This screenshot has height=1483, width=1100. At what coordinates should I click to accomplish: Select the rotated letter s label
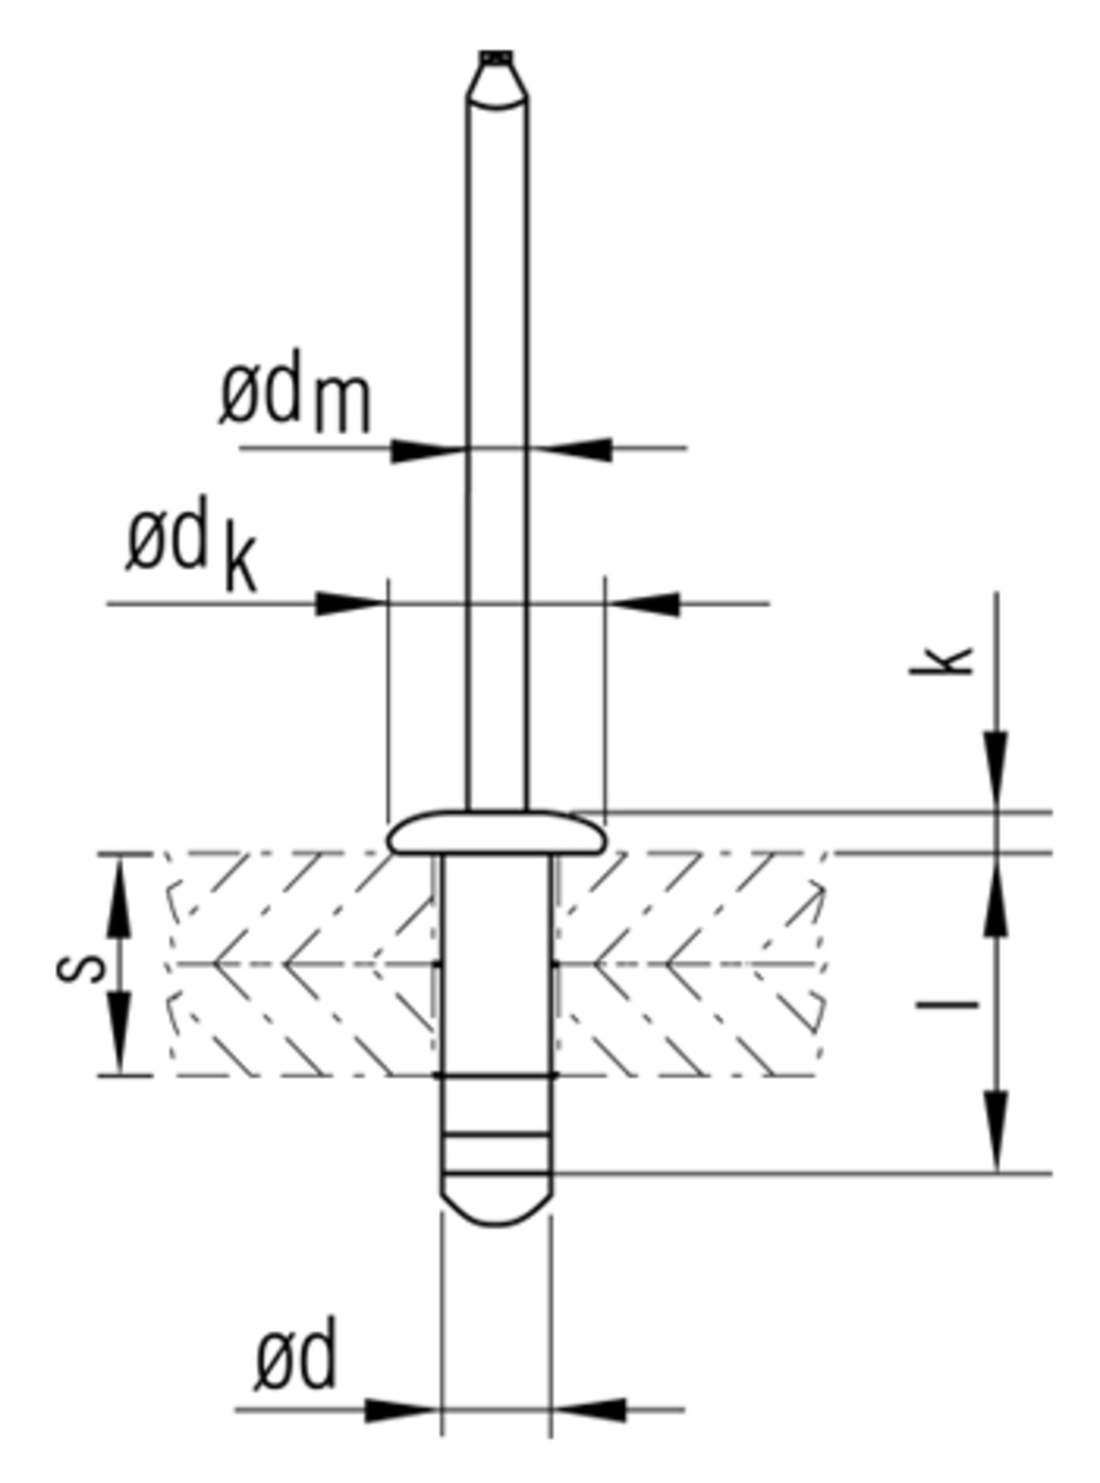[x=81, y=966]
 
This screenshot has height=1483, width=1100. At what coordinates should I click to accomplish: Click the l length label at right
[x=947, y=1005]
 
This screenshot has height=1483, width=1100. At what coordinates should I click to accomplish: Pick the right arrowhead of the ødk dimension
[x=643, y=604]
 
